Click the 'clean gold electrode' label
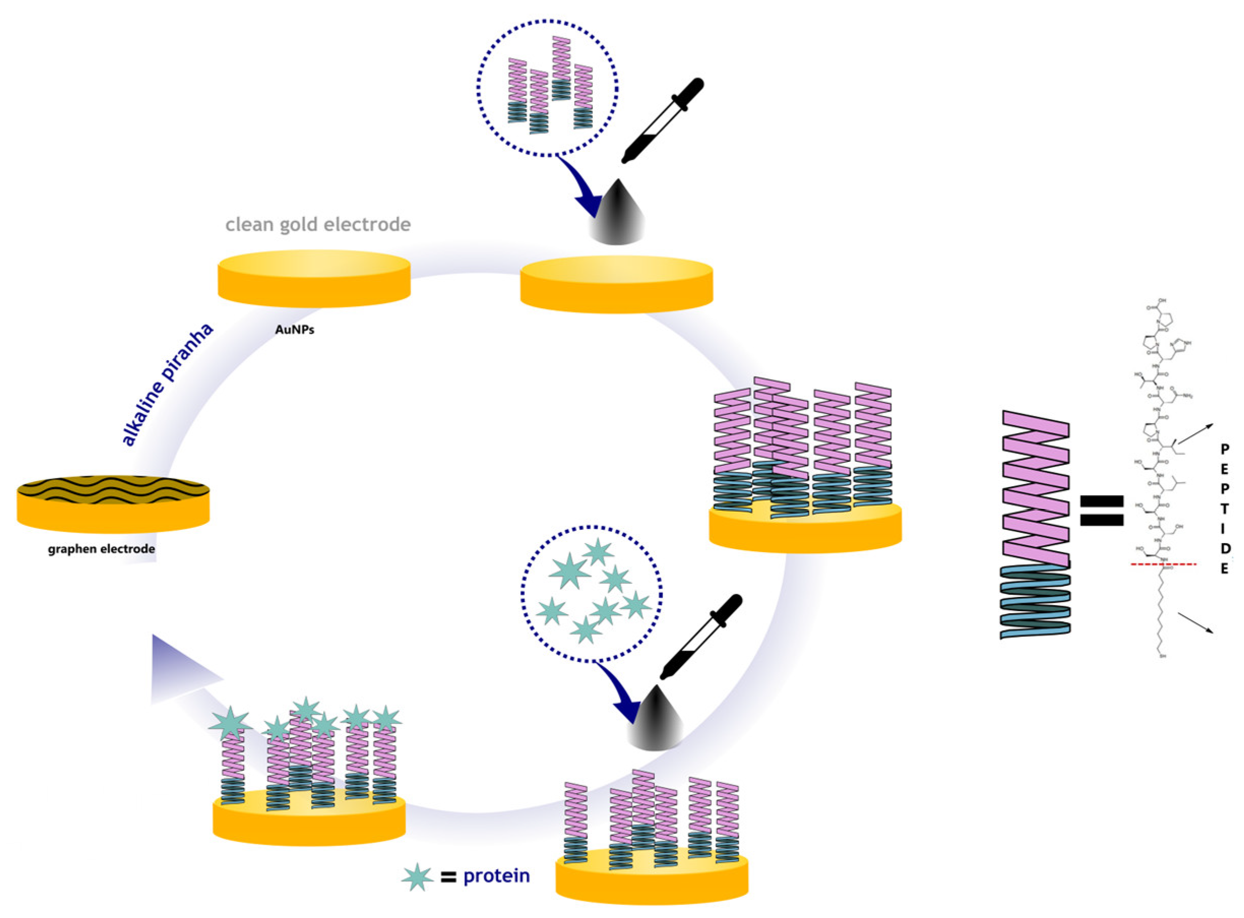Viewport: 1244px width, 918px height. (318, 225)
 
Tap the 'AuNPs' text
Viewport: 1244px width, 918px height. (295, 330)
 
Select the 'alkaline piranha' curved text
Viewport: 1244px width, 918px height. (167, 385)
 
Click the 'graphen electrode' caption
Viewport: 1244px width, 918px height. (101, 549)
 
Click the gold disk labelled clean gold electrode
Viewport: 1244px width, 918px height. (314, 278)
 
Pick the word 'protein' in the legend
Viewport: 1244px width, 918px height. (496, 876)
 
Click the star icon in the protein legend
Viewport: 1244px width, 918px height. (417, 877)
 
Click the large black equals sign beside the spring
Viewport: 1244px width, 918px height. (1101, 511)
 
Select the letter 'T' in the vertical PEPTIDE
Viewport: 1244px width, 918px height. (1224, 509)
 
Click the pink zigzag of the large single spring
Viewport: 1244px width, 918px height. (1036, 489)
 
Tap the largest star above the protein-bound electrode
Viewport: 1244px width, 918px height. (230, 723)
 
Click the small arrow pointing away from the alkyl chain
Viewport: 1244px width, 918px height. (1195, 623)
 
